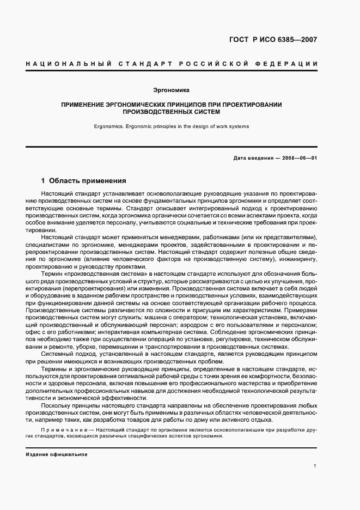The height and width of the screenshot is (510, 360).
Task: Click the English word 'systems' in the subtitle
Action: [239, 126]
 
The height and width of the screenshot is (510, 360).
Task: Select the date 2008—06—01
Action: [298, 159]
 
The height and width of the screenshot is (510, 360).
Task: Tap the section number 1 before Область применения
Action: [44, 180]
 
